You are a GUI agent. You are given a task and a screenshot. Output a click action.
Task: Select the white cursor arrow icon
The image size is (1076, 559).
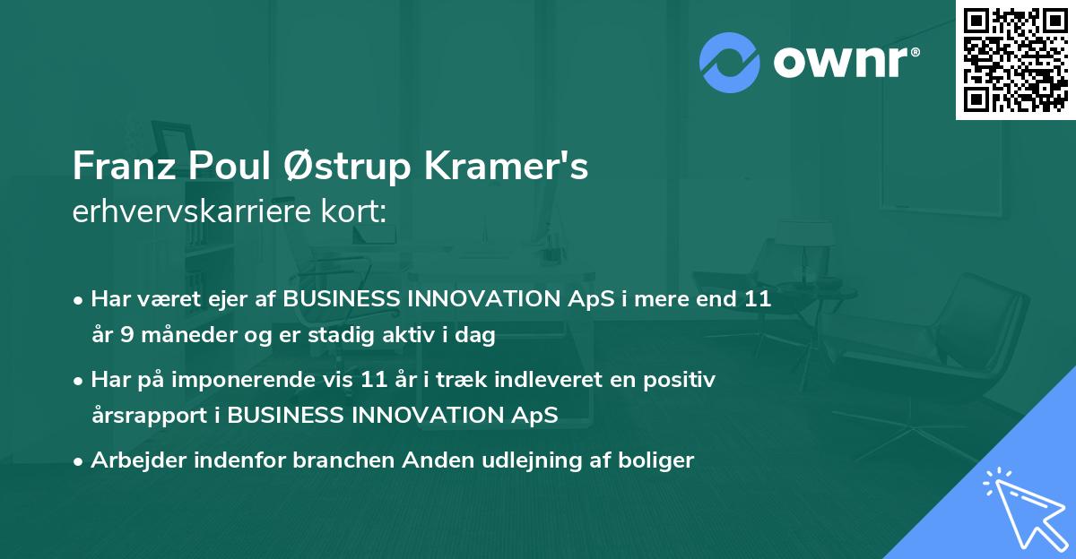pyautogui.click(x=1022, y=504)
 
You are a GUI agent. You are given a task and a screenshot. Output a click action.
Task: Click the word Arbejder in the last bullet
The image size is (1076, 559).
pyautogui.click(x=133, y=460)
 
